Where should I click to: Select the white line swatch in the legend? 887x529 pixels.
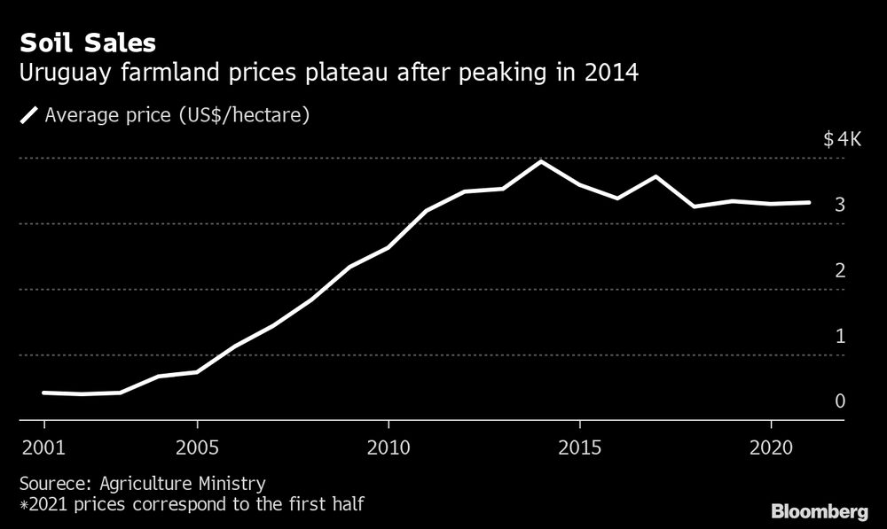pos(28,115)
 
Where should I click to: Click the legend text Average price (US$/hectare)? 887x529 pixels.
pos(177,115)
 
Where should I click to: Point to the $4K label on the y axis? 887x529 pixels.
pos(842,139)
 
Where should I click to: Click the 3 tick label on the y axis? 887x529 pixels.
pos(839,205)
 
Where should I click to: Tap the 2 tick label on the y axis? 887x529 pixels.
pos(839,270)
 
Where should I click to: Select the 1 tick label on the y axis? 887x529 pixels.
pos(839,336)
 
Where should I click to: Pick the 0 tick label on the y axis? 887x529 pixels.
pos(839,401)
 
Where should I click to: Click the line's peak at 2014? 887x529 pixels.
pos(541,161)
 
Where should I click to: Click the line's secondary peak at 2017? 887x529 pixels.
pos(655,176)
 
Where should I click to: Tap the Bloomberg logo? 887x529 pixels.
pos(819,511)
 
